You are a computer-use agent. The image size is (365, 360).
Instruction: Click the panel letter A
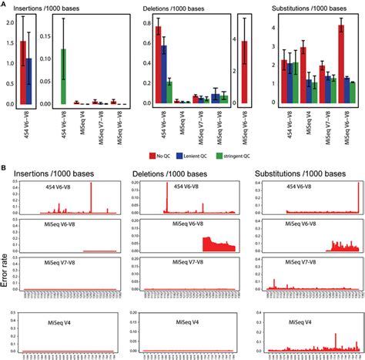point(5,4)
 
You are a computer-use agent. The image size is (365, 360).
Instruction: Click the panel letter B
point(5,166)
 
